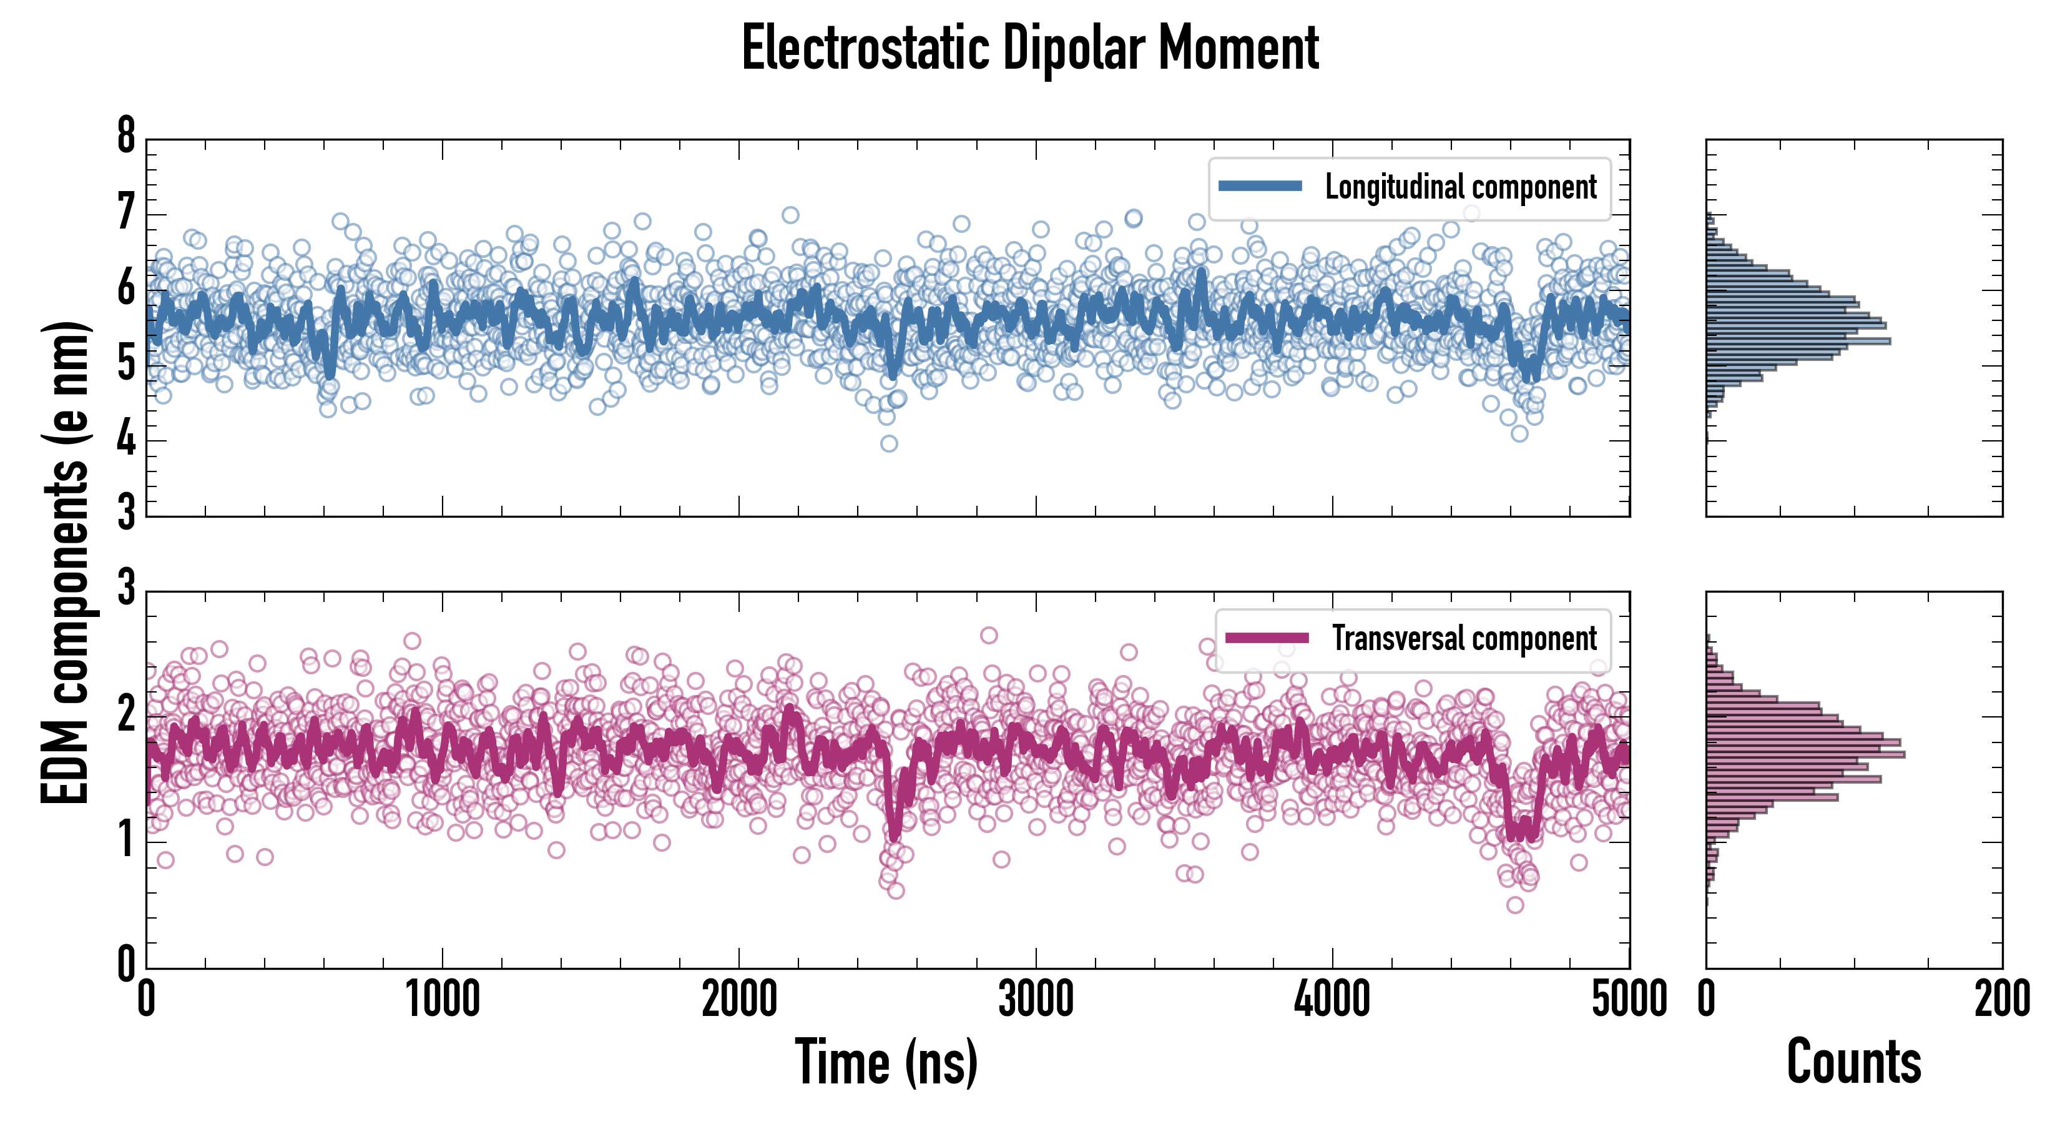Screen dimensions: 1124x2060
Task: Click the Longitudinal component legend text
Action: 1460,187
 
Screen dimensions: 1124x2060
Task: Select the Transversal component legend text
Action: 1463,638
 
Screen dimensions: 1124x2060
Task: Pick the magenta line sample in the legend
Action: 1267,638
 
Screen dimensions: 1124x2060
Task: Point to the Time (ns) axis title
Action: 886,1062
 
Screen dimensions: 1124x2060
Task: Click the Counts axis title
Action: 1853,1062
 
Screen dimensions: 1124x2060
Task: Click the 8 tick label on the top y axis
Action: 126,136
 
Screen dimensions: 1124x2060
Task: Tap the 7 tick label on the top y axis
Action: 126,213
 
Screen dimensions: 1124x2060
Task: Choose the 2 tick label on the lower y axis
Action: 126,714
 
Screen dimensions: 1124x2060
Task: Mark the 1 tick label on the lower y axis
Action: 126,840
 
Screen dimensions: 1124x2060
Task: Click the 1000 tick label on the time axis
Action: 442,1000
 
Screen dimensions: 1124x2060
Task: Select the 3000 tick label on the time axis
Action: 1036,1000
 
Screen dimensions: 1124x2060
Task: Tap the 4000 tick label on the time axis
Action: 1332,1000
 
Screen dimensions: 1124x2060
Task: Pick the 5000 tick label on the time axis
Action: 1629,1000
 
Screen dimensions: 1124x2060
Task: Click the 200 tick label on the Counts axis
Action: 2001,1000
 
